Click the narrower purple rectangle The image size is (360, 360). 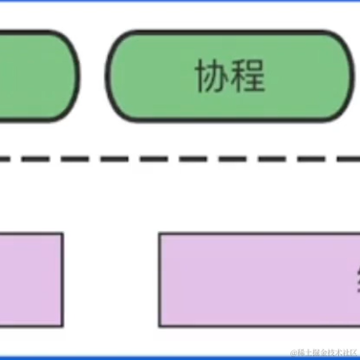[x=31, y=279]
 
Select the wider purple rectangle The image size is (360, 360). [x=258, y=279]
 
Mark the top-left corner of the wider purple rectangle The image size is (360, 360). [x=161, y=235]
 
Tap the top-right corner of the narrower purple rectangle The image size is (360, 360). [x=61, y=235]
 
